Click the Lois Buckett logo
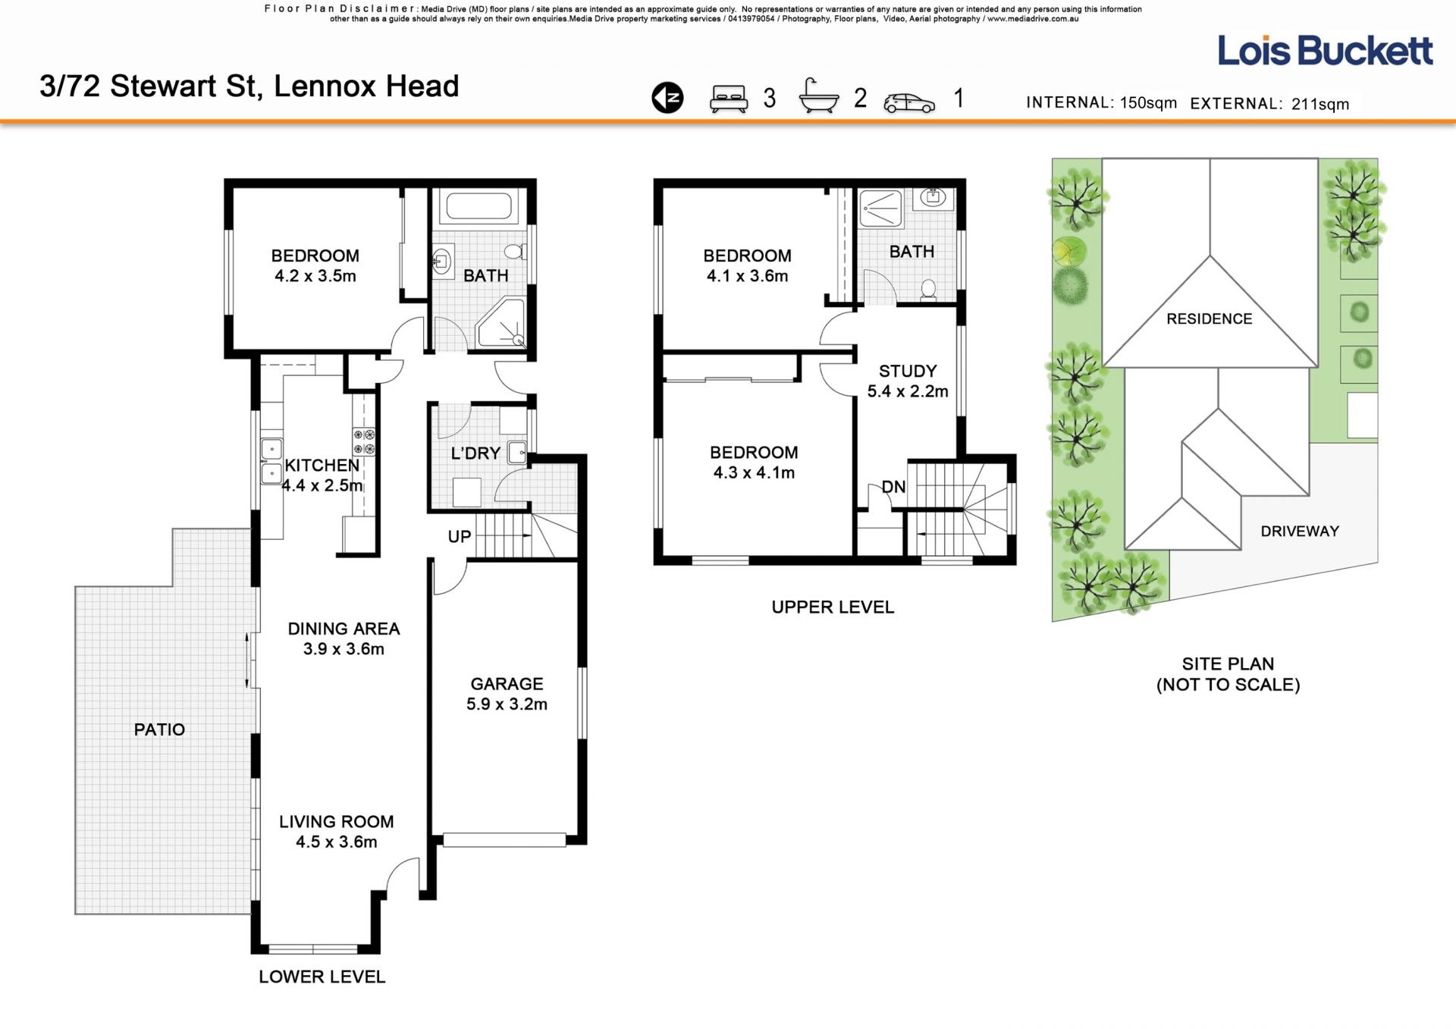click(1325, 51)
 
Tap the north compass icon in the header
click(667, 98)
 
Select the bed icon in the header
click(729, 99)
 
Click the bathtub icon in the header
click(819, 96)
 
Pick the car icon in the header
click(909, 102)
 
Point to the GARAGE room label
click(507, 684)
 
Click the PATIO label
click(159, 729)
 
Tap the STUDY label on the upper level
click(908, 371)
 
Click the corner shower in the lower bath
click(501, 325)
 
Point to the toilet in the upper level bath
click(928, 289)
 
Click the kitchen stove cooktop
click(364, 441)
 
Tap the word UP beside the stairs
click(460, 537)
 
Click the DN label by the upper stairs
click(893, 487)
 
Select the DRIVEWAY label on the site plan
click(1300, 531)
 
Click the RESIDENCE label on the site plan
click(1209, 318)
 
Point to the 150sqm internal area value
click(1148, 102)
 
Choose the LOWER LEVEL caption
click(322, 977)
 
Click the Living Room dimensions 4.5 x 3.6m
click(336, 842)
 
